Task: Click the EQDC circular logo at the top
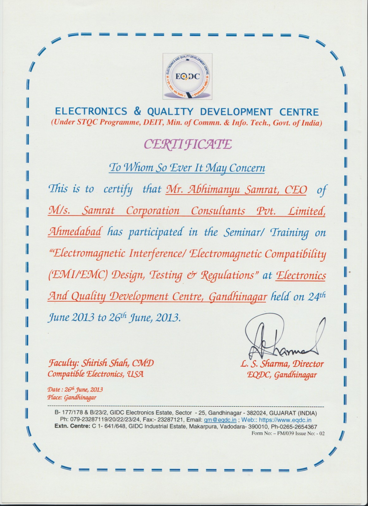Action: [x=187, y=77]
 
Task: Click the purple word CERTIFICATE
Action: [x=188, y=144]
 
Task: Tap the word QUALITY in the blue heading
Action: [x=170, y=112]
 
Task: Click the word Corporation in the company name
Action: [x=153, y=211]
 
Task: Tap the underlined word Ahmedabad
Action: [x=74, y=232]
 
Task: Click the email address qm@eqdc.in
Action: [x=220, y=420]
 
